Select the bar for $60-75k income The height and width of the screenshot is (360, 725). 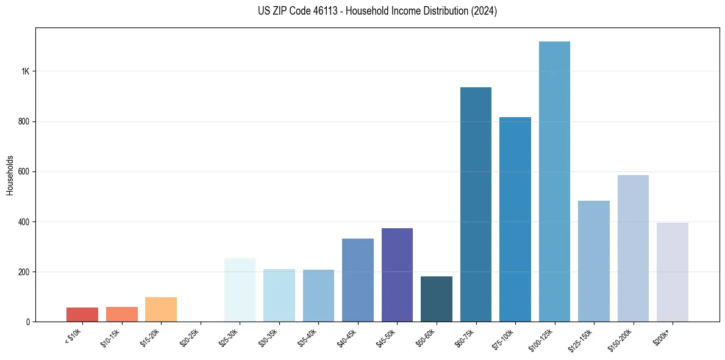click(476, 204)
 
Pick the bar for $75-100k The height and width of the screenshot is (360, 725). click(515, 219)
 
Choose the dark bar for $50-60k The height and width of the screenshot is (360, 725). click(437, 299)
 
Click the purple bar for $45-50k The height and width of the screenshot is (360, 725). click(397, 275)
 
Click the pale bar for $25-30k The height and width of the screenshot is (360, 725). click(240, 290)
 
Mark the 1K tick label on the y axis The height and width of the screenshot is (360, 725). click(26, 71)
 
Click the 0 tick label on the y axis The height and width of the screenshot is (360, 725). click(28, 322)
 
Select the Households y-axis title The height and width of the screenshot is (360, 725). click(10, 175)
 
